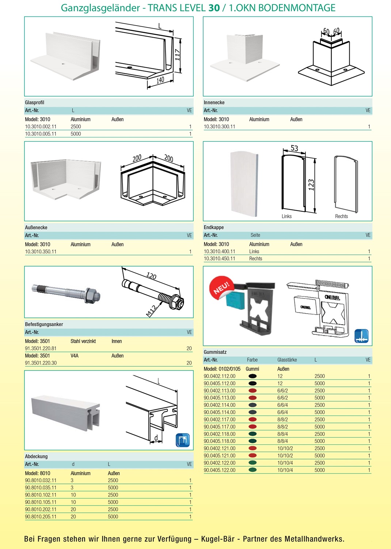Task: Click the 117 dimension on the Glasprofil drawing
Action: [x=178, y=55]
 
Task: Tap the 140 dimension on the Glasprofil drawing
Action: [x=160, y=80]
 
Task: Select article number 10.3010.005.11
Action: [x=41, y=134]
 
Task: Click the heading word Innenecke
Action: [x=214, y=102]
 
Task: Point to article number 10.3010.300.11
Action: [x=219, y=126]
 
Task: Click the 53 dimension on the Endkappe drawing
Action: [x=294, y=148]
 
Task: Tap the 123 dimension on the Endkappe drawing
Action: [x=311, y=185]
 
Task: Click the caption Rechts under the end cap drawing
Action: [x=341, y=216]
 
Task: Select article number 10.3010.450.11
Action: [x=219, y=258]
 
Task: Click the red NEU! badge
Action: [x=221, y=287]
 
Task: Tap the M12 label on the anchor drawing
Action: [x=151, y=311]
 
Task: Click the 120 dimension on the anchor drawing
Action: [x=151, y=276]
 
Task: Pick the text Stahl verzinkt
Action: [x=83, y=341]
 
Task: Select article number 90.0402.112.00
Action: [x=219, y=376]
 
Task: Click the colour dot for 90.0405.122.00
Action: [x=252, y=470]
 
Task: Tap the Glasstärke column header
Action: [x=287, y=360]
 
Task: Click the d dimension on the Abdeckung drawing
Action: [x=156, y=438]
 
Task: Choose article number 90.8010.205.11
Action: [x=41, y=516]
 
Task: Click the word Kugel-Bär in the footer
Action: [x=217, y=539]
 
